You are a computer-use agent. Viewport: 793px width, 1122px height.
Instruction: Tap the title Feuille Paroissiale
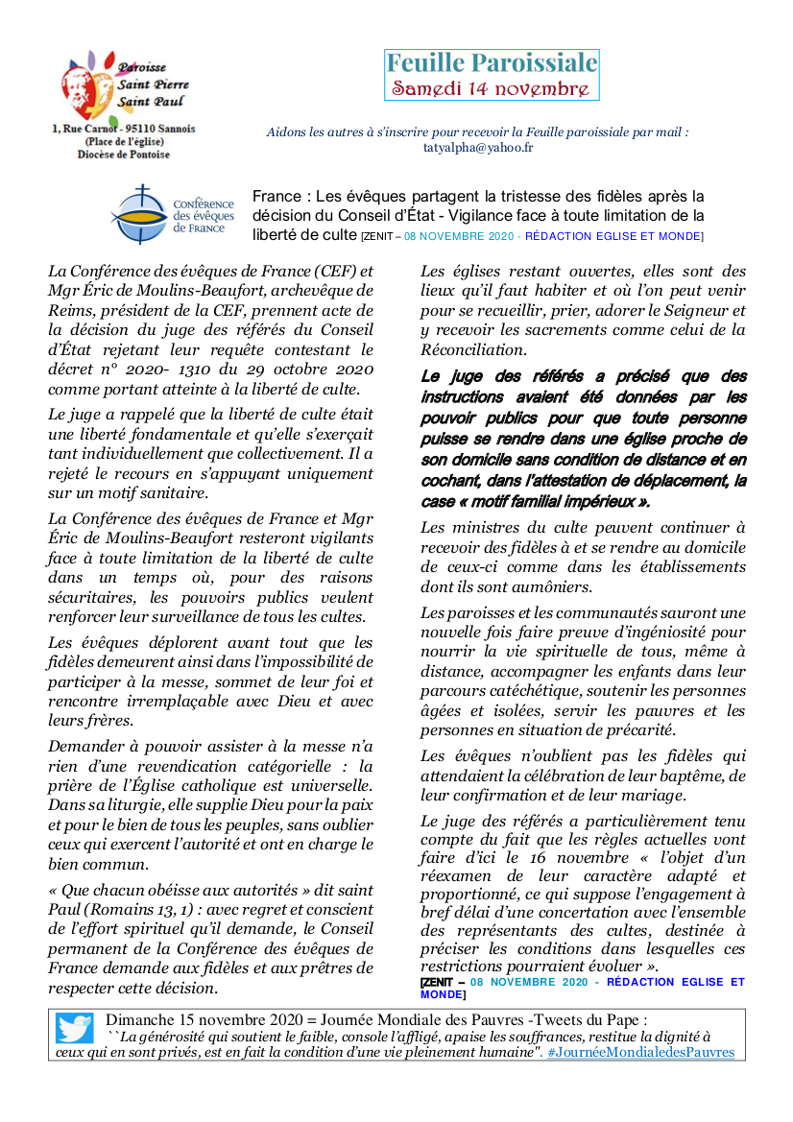tap(492, 63)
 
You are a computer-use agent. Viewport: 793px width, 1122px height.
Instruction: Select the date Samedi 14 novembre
tap(490, 88)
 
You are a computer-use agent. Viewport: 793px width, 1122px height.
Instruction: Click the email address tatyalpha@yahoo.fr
tap(478, 148)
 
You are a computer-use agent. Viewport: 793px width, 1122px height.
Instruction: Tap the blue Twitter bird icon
tap(74, 1028)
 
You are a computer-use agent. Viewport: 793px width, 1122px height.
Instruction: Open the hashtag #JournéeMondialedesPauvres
tap(640, 1052)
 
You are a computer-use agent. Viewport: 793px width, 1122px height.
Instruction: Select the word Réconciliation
tap(473, 350)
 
